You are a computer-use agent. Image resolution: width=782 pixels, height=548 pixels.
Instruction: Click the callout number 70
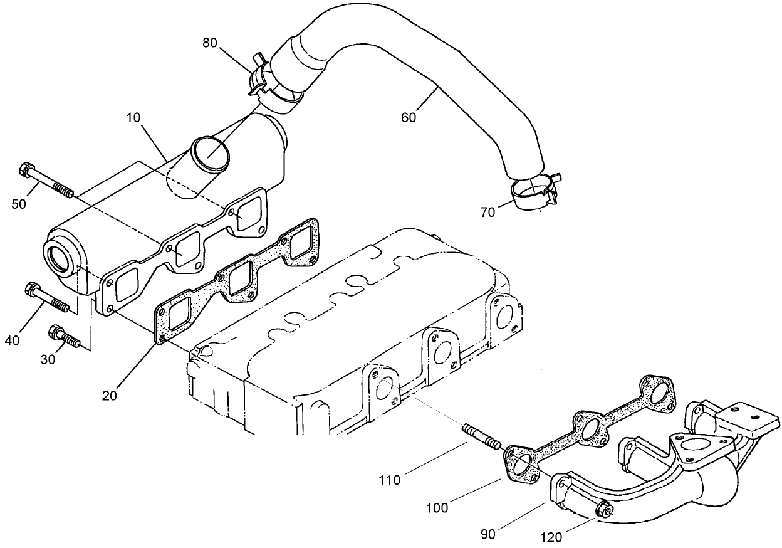click(x=487, y=212)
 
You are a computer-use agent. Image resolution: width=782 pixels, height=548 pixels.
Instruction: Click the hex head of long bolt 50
click(x=27, y=169)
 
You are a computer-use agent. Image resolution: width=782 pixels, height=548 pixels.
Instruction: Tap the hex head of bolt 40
click(x=30, y=289)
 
